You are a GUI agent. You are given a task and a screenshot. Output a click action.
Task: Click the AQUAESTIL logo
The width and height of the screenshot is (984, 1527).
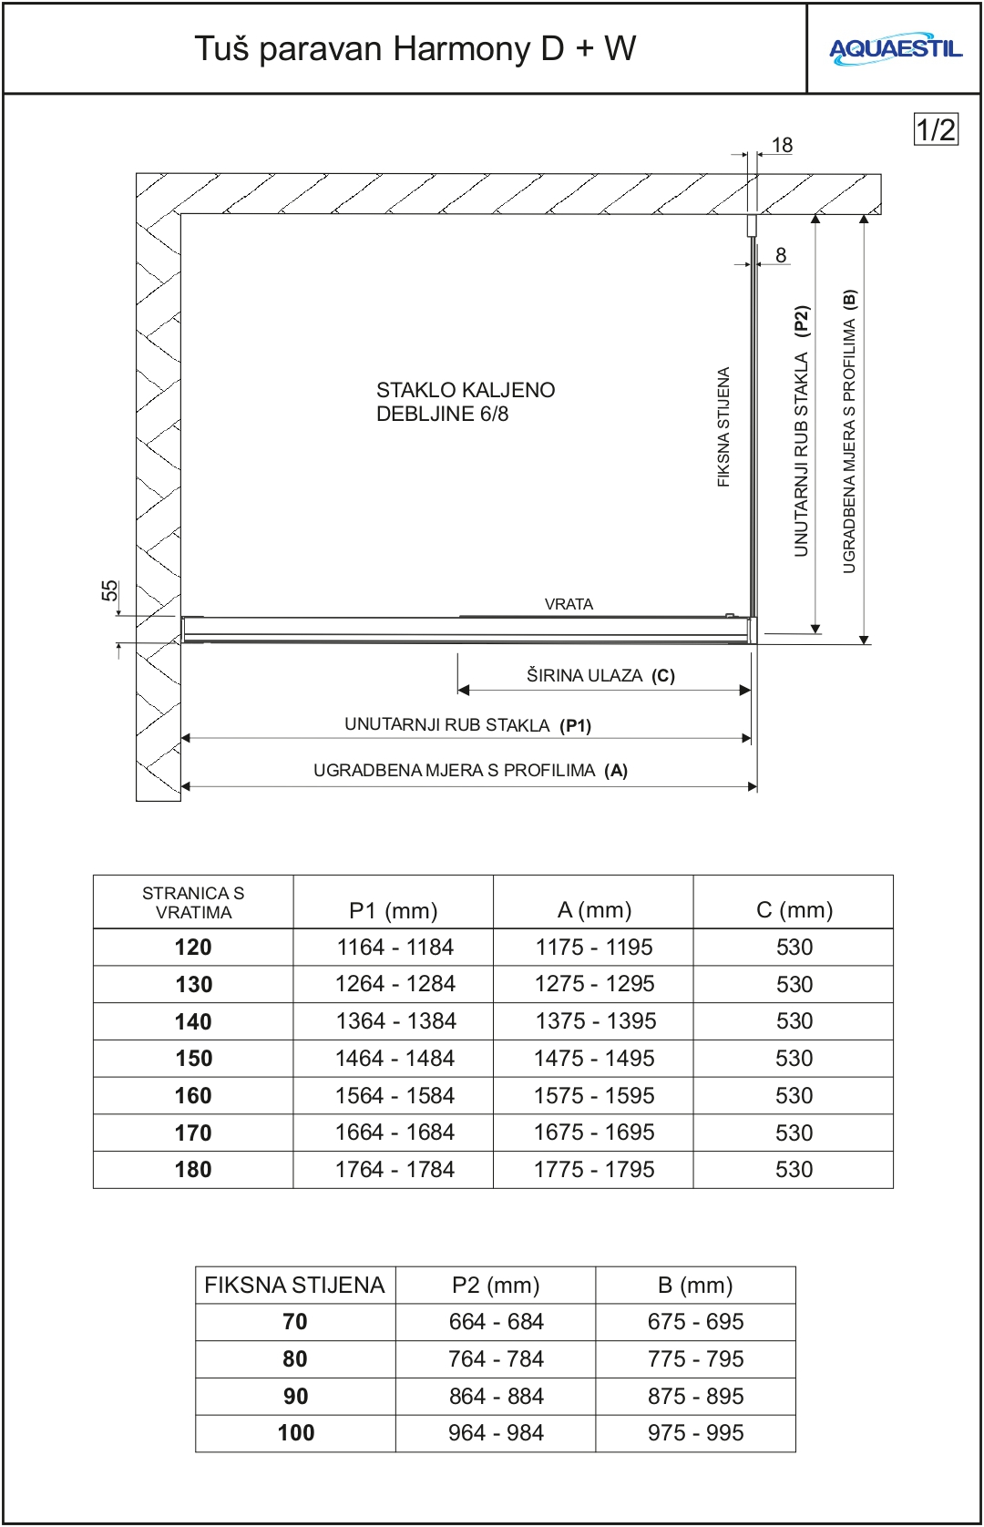coord(895,49)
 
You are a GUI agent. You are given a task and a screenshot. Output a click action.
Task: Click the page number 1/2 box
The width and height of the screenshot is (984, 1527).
coord(936,129)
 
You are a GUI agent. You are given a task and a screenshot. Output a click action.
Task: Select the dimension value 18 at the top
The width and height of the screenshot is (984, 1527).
coord(782,145)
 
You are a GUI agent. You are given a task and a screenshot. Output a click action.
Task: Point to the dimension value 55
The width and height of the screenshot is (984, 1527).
coord(110,590)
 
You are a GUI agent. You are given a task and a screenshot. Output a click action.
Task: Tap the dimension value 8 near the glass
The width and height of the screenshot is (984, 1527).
coord(781,255)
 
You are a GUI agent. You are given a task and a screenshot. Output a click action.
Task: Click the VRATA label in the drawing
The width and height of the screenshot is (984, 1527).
coord(569,604)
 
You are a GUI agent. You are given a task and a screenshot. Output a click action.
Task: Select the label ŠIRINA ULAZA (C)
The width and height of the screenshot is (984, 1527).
coord(600,675)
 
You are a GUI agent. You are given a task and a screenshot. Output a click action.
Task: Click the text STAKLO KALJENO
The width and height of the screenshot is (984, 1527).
coord(466,390)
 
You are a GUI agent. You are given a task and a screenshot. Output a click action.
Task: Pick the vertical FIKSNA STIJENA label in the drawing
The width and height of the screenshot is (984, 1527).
coord(723,426)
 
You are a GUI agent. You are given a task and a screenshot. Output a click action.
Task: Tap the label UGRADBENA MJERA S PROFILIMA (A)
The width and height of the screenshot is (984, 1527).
coord(470,770)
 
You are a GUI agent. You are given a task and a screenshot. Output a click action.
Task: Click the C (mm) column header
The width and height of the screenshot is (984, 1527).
coord(794,909)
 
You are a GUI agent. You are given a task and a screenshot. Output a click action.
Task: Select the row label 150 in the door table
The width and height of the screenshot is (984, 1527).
coord(193,1059)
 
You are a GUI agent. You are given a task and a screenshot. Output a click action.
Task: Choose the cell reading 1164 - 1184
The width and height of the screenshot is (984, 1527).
coord(395,948)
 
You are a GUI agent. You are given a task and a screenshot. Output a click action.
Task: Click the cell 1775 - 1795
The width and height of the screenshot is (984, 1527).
coord(594,1169)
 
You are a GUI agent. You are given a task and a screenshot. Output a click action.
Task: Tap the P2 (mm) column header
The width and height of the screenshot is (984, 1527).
coord(496,1285)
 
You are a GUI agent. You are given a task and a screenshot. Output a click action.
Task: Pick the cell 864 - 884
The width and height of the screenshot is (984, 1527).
coord(496,1396)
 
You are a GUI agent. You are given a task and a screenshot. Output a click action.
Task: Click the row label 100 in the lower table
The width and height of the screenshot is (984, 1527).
coord(295,1433)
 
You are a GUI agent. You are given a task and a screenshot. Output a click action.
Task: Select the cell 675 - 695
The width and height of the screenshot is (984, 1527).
coord(695,1321)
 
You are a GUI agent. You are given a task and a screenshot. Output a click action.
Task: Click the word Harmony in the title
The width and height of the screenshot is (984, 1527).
coord(465,48)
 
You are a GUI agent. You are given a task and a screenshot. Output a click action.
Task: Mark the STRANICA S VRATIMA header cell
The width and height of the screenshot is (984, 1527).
coord(193,903)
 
